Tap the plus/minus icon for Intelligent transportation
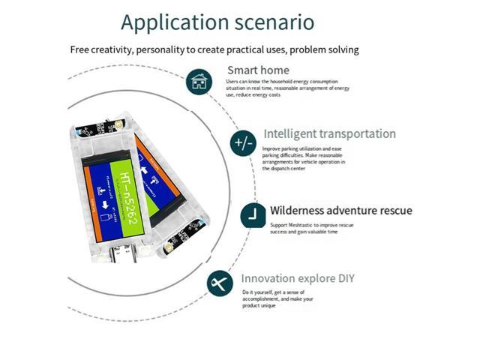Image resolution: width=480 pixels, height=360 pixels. click(244, 142)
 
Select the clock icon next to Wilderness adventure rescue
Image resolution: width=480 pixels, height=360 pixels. click(253, 216)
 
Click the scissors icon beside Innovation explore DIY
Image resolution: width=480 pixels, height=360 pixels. click(220, 283)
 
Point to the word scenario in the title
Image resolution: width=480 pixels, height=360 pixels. click(272, 22)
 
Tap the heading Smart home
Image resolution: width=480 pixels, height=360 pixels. click(258, 70)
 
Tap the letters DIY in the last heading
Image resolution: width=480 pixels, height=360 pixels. click(343, 278)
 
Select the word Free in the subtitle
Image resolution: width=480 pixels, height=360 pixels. click(81, 49)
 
